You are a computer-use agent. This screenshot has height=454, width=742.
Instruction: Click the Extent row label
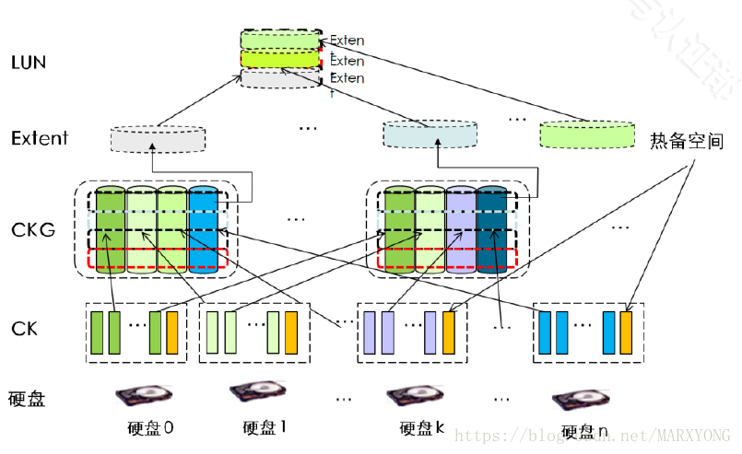click(x=40, y=138)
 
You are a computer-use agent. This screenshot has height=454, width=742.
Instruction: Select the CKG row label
click(x=34, y=228)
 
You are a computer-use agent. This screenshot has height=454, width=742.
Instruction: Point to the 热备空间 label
click(x=686, y=142)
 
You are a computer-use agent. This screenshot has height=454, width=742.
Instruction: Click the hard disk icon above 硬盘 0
click(x=145, y=396)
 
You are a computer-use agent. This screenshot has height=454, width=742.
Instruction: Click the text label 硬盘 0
click(x=150, y=428)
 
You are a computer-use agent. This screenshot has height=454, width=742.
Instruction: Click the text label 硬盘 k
click(x=422, y=428)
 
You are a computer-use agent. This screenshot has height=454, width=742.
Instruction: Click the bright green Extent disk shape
click(x=586, y=134)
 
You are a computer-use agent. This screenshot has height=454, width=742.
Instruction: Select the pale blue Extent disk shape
click(x=430, y=134)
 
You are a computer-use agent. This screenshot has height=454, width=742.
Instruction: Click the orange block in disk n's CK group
click(x=626, y=332)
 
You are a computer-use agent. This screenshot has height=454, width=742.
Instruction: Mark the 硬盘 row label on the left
click(x=27, y=399)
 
